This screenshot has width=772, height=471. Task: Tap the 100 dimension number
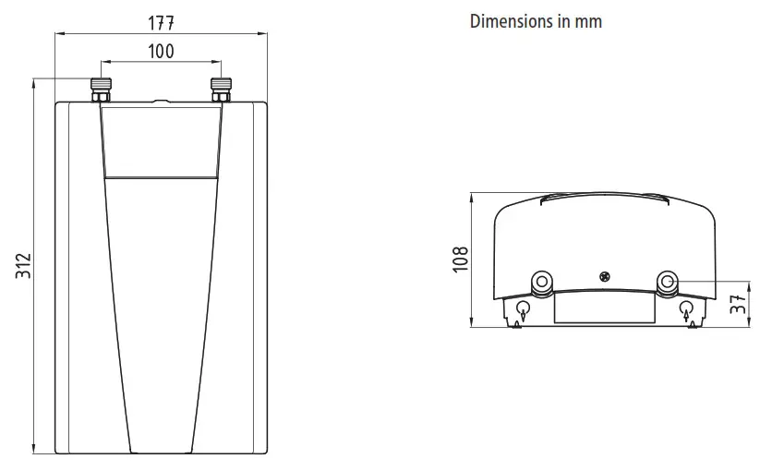[161, 52]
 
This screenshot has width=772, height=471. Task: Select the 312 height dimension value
[23, 269]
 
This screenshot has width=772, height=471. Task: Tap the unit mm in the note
[588, 21]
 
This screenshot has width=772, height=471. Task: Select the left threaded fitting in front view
[101, 90]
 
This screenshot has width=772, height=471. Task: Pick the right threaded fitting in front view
[221, 90]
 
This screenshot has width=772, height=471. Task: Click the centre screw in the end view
[605, 275]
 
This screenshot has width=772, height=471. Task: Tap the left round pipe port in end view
[541, 282]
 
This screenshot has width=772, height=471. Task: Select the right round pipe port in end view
[668, 282]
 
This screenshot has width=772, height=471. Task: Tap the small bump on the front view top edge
[161, 100]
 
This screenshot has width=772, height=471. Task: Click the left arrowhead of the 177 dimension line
[59, 35]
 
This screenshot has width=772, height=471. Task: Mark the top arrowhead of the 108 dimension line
[472, 196]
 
